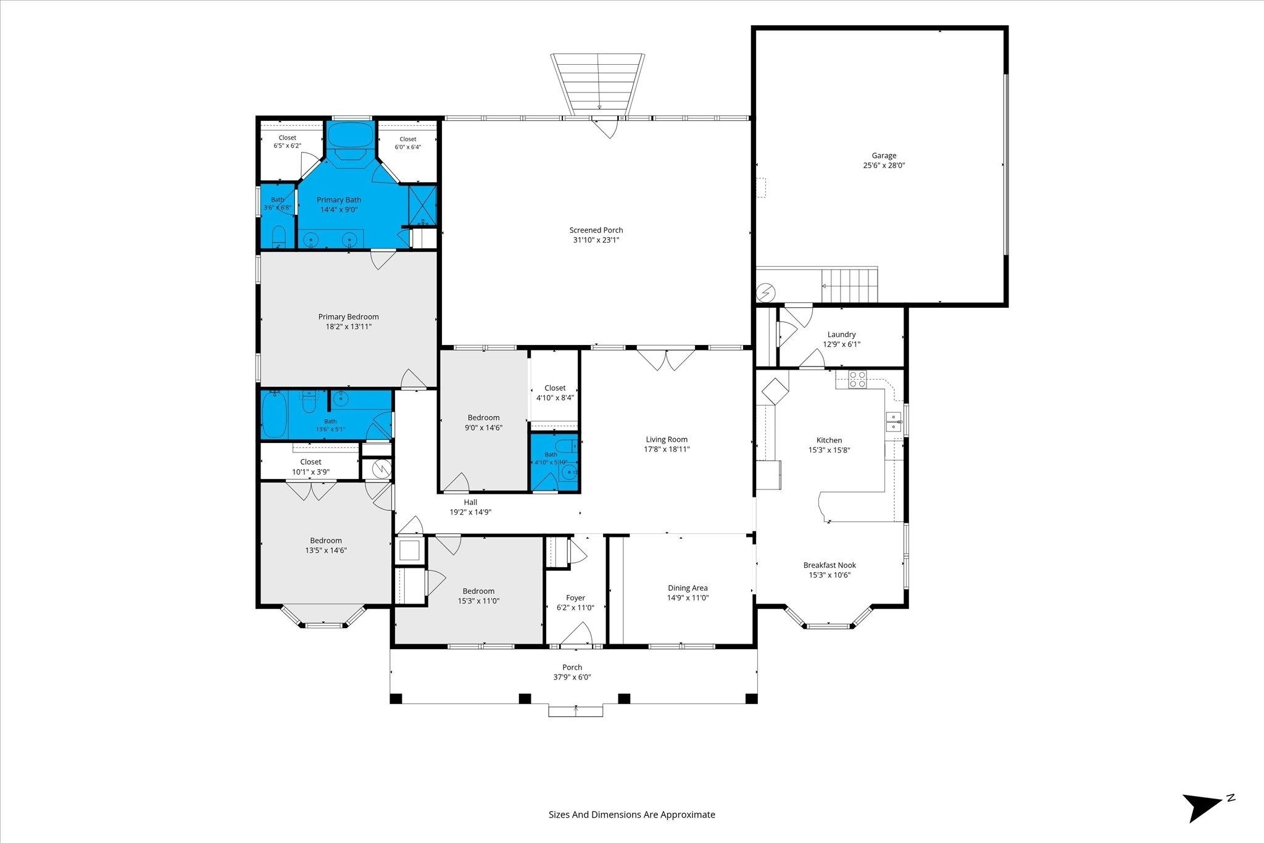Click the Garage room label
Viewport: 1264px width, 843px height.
tap(884, 156)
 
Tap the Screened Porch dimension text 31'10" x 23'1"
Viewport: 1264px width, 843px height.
tap(596, 240)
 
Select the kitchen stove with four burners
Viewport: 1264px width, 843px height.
tap(857, 379)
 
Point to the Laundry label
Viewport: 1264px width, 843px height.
tap(841, 334)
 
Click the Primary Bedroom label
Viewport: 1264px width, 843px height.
tap(349, 317)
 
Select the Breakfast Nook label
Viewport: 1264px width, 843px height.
tap(829, 565)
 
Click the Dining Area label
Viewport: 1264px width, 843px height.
tap(688, 588)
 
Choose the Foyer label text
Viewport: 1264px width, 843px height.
tap(575, 597)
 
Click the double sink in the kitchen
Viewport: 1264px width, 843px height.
tap(893, 421)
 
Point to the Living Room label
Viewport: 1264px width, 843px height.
tap(667, 439)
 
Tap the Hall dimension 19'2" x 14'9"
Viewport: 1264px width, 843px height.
tap(470, 512)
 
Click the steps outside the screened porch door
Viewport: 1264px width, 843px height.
tap(597, 85)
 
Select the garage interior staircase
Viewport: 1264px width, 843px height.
tap(849, 285)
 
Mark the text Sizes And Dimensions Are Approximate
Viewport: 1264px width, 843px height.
tap(632, 815)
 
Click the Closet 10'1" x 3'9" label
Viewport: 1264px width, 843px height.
tap(310, 467)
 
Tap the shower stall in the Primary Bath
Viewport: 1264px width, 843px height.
tap(423, 204)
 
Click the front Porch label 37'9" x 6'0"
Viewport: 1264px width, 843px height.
tap(572, 672)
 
